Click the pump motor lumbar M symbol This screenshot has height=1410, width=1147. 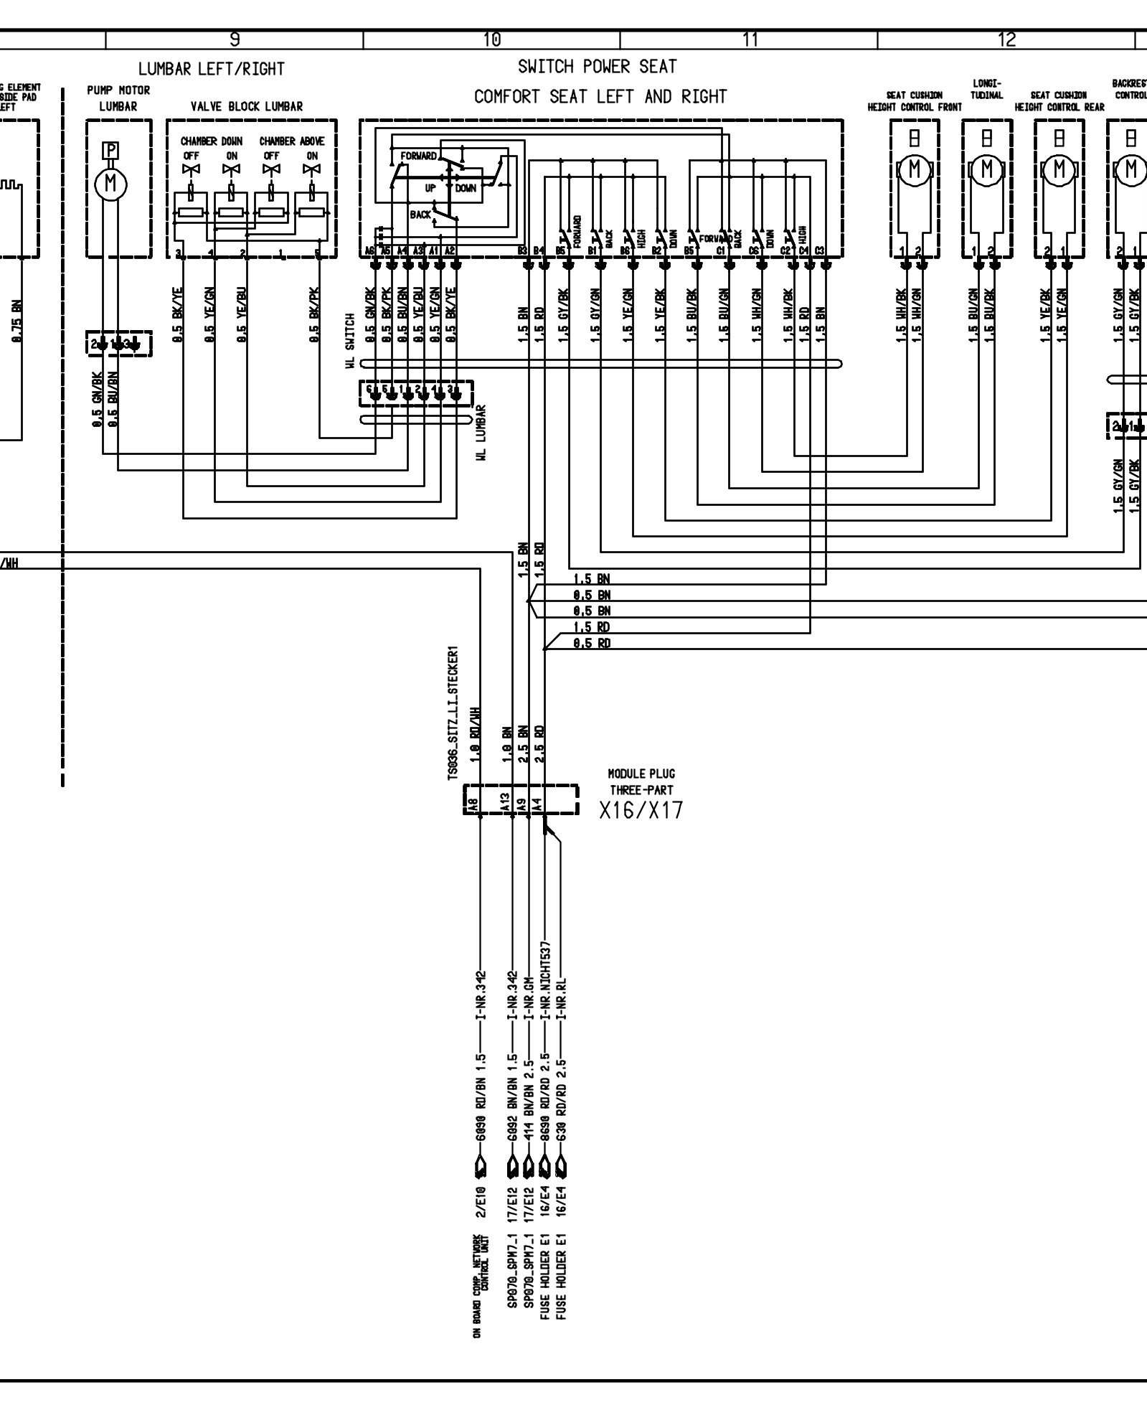click(110, 184)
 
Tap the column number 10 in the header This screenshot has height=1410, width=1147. click(492, 40)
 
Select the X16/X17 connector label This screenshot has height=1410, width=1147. click(641, 810)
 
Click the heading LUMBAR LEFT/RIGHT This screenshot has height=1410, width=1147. click(212, 69)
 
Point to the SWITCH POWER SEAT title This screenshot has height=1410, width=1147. click(598, 67)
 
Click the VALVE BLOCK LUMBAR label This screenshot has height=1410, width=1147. click(247, 106)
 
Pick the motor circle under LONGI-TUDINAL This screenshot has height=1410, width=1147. click(987, 169)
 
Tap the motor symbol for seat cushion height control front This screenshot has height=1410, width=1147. click(914, 169)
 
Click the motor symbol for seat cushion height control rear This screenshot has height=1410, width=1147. click(1059, 169)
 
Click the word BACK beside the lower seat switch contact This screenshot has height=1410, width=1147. click(420, 215)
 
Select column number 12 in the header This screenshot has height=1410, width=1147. click(1006, 40)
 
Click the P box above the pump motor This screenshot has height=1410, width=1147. click(110, 150)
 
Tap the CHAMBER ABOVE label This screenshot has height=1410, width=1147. click(292, 141)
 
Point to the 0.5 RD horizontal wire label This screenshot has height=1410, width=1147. click(592, 644)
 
